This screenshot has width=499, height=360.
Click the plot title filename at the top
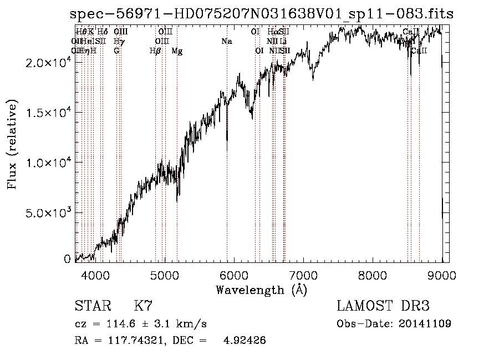(262, 14)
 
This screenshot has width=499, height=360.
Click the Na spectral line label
(226, 41)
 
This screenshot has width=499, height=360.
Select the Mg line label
(177, 51)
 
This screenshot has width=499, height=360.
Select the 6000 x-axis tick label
(233, 275)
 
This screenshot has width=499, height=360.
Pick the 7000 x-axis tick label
(303, 275)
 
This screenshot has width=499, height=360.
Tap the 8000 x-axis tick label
(373, 275)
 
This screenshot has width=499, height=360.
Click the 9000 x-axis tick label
(442, 275)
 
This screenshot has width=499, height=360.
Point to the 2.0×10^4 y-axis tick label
(48, 63)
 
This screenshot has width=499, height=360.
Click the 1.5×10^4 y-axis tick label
(48, 113)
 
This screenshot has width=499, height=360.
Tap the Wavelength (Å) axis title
(261, 290)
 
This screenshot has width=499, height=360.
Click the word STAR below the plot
(93, 306)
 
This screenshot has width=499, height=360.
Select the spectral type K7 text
(143, 306)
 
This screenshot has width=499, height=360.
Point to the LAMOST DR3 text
(383, 306)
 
